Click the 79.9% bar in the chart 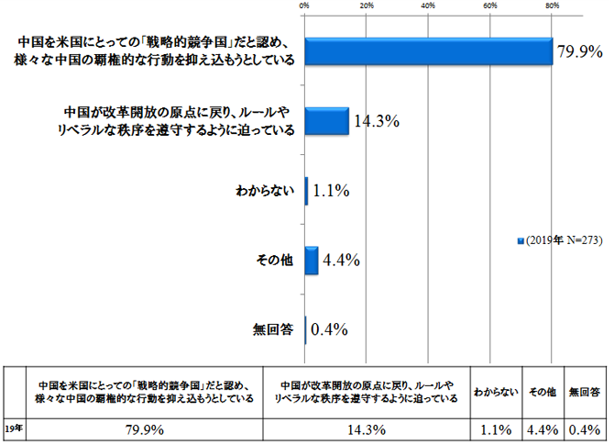pyautogui.click(x=429, y=52)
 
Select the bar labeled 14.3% pyautogui.click(x=327, y=121)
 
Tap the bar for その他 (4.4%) pyautogui.click(x=312, y=261)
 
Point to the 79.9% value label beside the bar pyautogui.click(x=579, y=52)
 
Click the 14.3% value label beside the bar pyautogui.click(x=375, y=121)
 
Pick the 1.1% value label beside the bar pyautogui.click(x=332, y=192)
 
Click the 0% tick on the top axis pyautogui.click(x=304, y=6)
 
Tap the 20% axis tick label pyautogui.click(x=366, y=6)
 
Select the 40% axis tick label pyautogui.click(x=428, y=6)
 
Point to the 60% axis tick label pyautogui.click(x=490, y=6)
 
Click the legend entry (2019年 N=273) pyautogui.click(x=562, y=240)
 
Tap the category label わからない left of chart pyautogui.click(x=265, y=192)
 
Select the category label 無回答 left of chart pyautogui.click(x=272, y=329)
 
